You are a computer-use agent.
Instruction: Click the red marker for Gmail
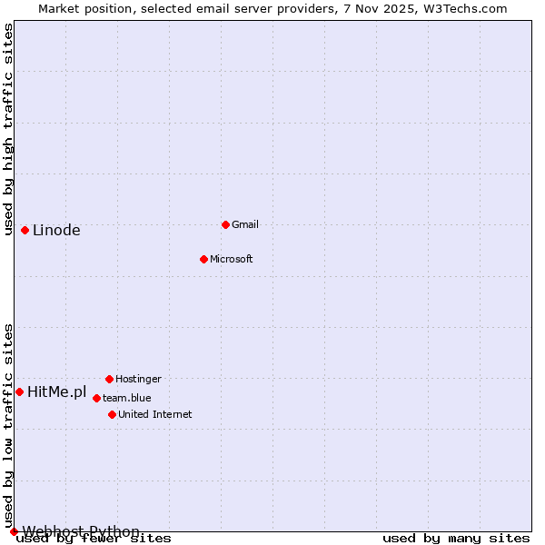(225, 224)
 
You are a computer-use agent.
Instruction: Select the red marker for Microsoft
(204, 259)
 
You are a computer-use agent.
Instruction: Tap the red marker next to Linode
(25, 230)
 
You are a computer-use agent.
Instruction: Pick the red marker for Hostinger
(109, 379)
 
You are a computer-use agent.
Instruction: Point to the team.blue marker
(96, 398)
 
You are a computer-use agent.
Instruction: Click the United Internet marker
(112, 414)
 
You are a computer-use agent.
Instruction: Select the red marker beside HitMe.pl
(19, 391)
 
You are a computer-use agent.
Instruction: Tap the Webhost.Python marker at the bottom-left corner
(14, 531)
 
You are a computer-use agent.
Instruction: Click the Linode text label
(56, 230)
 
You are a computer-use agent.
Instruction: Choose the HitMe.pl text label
(56, 392)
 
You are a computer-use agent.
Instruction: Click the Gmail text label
(245, 224)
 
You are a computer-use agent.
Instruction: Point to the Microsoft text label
(231, 259)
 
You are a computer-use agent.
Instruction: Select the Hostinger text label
(138, 379)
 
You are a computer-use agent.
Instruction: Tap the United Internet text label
(154, 414)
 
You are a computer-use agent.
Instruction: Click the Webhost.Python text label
(81, 531)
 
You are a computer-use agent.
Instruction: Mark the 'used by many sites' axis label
(456, 539)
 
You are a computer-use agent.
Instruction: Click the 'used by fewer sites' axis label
(94, 539)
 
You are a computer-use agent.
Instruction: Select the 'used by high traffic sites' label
(8, 129)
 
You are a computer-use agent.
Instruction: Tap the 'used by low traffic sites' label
(8, 425)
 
